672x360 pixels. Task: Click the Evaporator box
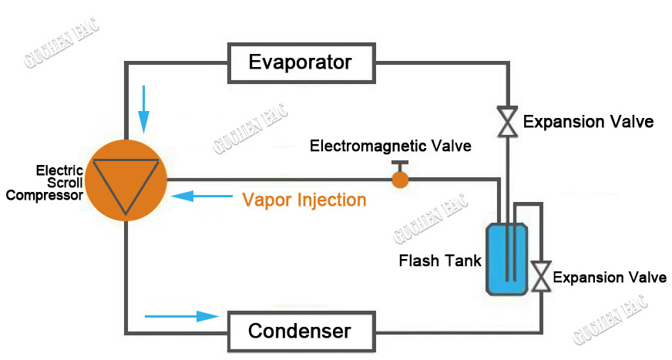click(x=301, y=62)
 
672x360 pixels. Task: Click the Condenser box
click(x=301, y=331)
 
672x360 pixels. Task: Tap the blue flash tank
click(x=506, y=258)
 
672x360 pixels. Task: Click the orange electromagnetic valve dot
click(x=400, y=180)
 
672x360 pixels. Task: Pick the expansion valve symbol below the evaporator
click(x=506, y=121)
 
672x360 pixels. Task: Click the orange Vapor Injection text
click(x=304, y=200)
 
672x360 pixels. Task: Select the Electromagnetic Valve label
click(x=390, y=146)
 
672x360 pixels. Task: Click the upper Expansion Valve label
click(x=588, y=122)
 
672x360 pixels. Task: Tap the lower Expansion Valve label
click(x=610, y=278)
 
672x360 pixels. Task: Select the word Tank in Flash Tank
click(x=464, y=261)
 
